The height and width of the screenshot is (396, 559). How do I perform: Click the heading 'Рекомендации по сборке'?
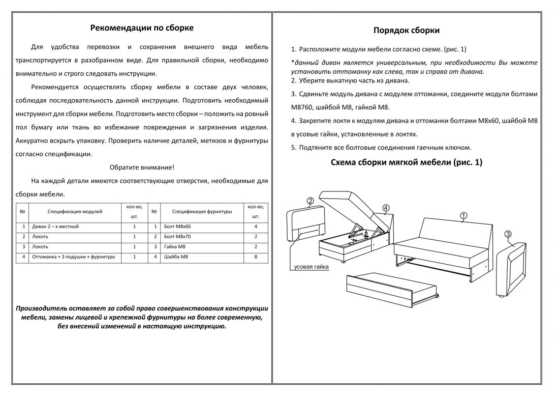click(142, 28)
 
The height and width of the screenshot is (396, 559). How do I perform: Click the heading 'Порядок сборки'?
click(407, 31)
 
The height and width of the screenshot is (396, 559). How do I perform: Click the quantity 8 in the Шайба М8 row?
click(256, 257)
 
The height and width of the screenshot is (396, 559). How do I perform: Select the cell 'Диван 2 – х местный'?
click(55, 226)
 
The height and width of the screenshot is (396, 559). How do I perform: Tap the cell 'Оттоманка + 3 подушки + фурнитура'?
click(74, 257)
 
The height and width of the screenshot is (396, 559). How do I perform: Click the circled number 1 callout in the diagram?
click(463, 215)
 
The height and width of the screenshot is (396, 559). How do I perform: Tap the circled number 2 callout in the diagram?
click(310, 202)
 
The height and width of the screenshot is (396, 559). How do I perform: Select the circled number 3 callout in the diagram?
click(508, 234)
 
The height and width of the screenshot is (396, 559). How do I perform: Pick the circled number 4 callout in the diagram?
click(386, 208)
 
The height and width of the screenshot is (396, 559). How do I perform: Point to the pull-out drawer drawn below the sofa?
click(391, 289)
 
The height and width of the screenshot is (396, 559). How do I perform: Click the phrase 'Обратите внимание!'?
click(142, 167)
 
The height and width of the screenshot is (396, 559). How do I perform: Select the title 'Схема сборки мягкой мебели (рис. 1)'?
click(407, 163)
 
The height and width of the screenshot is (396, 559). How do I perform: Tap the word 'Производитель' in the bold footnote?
click(40, 308)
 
